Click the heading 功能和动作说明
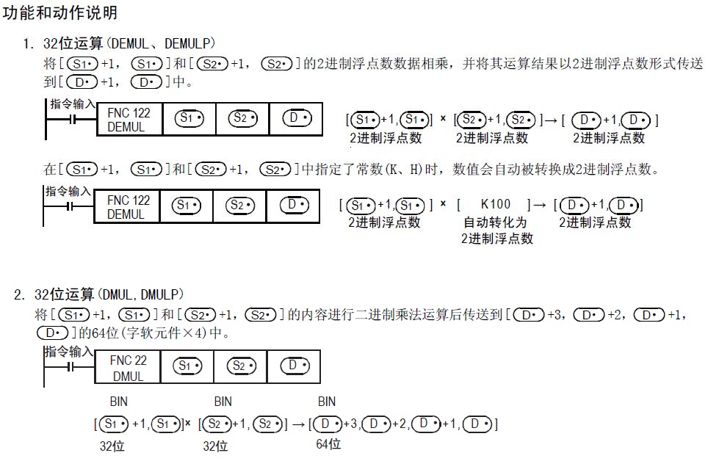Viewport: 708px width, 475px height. coord(60,14)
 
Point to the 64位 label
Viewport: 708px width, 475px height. coord(328,444)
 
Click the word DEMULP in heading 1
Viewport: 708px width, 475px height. coord(191,44)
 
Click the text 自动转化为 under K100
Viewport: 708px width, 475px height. coord(495,222)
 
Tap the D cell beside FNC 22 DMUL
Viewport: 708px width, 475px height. coord(293,366)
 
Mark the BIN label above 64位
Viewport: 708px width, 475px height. coord(327,402)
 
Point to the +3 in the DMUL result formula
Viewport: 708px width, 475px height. coord(350,424)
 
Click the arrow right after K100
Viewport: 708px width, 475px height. coord(540,204)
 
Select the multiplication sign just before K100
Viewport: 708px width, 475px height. coord(443,203)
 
